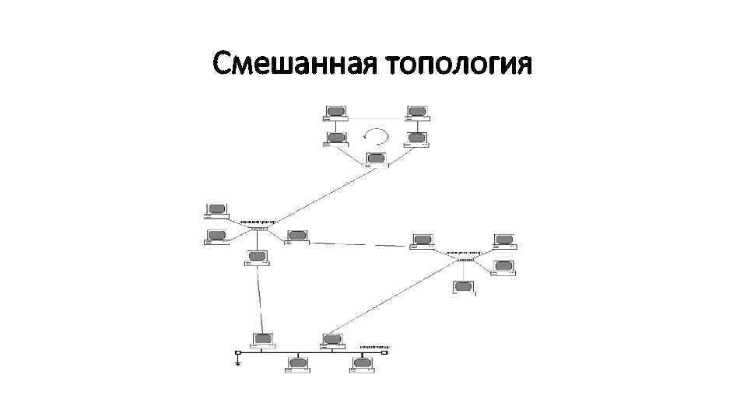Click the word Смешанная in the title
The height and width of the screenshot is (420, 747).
294,64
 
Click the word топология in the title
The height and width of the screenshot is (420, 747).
459,65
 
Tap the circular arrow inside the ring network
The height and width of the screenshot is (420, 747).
377,137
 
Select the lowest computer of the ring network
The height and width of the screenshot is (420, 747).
377,159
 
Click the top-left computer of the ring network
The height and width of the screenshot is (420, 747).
336,113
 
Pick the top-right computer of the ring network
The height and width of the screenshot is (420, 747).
417,113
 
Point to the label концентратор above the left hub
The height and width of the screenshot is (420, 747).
258,221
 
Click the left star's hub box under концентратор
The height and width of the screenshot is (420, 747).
259,228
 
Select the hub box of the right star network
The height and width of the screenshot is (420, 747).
465,259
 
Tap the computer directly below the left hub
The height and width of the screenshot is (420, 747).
257,257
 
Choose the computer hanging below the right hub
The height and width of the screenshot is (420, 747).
465,288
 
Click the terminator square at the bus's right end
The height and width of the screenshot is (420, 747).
384,352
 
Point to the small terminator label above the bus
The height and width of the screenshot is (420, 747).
374,345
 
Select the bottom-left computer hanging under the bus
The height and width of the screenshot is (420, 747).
298,365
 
